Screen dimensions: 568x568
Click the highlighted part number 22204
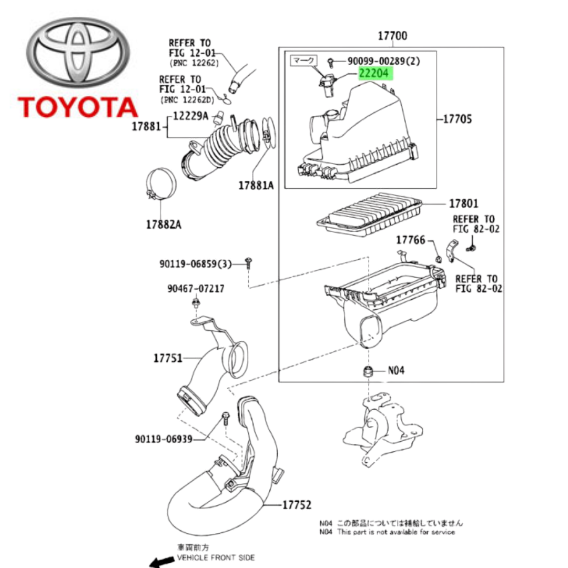tap(375, 73)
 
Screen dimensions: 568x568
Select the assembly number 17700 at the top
tap(392, 36)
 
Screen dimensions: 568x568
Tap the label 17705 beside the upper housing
tap(457, 119)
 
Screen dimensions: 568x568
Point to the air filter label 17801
tap(463, 203)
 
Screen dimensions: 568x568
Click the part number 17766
tap(410, 240)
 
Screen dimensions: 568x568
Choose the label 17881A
tap(256, 185)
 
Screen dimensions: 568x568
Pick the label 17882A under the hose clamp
tap(164, 225)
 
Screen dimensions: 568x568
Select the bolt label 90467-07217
tap(196, 288)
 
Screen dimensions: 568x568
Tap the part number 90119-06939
tap(163, 439)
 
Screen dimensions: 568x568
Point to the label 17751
tap(168, 358)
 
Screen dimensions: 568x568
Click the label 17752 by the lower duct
tap(297, 505)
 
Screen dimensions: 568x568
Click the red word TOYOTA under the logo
tap(78, 107)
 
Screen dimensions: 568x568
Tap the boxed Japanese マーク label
tap(302, 61)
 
